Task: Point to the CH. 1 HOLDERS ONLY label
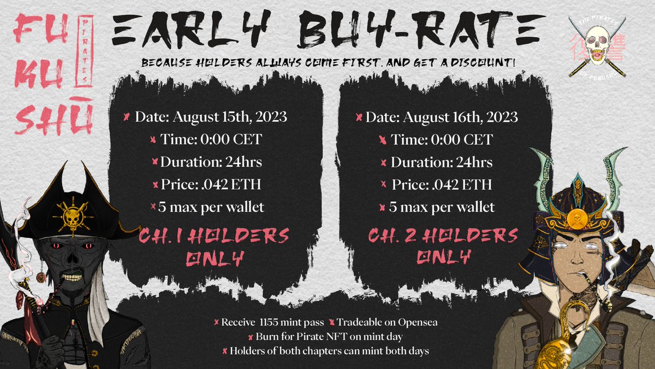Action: (x=214, y=247)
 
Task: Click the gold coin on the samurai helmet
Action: (x=573, y=219)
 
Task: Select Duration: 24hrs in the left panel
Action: (x=207, y=162)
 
